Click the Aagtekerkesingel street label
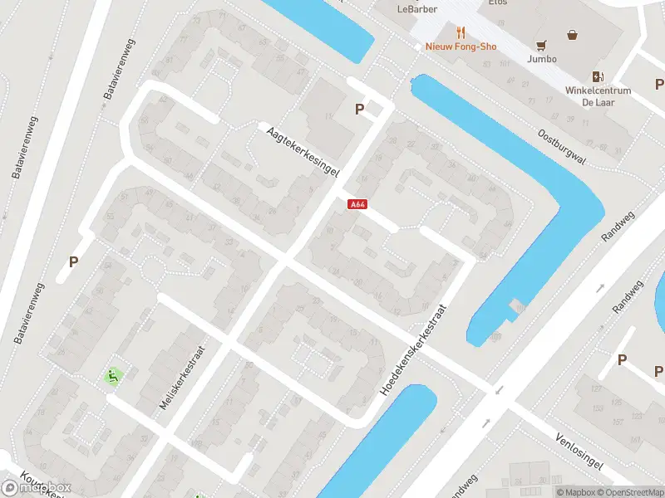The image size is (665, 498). tap(303, 149)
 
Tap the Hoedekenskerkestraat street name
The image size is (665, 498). tap(415, 347)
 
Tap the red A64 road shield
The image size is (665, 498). tap(357, 204)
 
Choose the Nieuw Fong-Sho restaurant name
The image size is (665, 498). tap(461, 46)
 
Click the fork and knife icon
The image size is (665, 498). tap(461, 33)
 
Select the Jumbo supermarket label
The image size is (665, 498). tap(542, 59)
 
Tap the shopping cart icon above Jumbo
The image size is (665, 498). tap(542, 46)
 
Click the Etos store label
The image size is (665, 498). tap(498, 2)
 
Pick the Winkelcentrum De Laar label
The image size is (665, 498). tap(598, 96)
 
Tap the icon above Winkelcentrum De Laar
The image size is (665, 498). tap(598, 76)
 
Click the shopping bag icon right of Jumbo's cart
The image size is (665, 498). tap(573, 35)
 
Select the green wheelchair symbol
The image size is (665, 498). tap(111, 376)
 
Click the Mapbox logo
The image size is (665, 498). tap(37, 488)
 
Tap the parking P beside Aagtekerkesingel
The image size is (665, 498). tap(359, 109)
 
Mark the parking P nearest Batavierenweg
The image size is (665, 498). tap(73, 261)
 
